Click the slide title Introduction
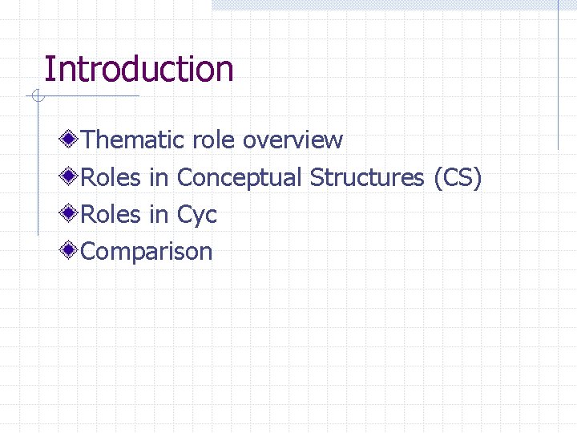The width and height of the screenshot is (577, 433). coord(139,70)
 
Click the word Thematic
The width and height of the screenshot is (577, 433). coord(133,140)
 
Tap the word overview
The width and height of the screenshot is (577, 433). coord(293,140)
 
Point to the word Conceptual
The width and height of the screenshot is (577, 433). coord(240,178)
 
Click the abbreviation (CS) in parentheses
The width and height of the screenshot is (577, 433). coord(458,178)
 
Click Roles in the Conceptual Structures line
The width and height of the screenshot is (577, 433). coord(111,177)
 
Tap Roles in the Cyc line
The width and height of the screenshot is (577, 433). coord(111,215)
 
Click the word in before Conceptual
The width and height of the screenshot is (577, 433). coord(159,177)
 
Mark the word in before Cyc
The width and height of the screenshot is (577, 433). coord(159,215)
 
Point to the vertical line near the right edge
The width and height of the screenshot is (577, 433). coord(558,80)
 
